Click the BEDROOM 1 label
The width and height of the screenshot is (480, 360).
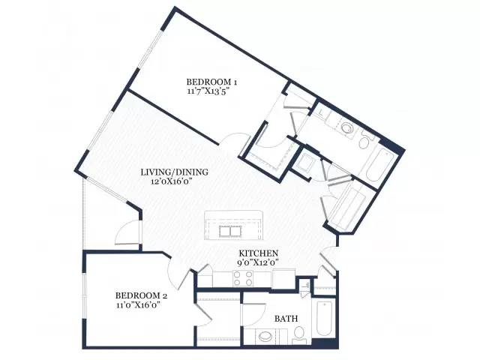point(211,82)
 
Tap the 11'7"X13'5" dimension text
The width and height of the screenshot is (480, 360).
point(208,91)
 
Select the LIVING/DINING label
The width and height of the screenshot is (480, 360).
point(175,172)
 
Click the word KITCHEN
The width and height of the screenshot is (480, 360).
point(258,253)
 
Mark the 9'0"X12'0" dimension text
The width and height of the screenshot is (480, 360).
point(258,262)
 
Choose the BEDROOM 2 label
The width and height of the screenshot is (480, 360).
point(141,295)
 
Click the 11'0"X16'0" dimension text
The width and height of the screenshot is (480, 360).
point(139,305)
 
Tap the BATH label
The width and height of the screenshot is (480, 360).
point(286,319)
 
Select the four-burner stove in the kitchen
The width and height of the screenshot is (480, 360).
point(243,278)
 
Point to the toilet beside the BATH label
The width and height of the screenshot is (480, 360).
point(298,334)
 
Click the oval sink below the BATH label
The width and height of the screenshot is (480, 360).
point(265,337)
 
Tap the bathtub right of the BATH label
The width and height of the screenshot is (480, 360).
point(325,319)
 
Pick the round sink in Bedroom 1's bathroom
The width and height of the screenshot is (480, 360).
point(347,127)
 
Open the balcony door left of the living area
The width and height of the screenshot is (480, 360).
point(127,232)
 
